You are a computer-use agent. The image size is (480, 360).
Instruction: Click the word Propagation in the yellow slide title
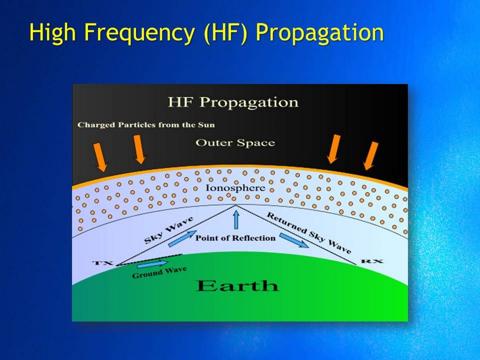319,33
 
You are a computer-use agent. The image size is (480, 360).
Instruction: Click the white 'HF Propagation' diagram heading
233,102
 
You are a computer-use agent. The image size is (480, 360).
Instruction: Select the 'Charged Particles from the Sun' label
146,125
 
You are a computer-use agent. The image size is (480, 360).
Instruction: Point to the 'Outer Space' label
235,143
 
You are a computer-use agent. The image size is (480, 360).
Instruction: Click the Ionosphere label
235,188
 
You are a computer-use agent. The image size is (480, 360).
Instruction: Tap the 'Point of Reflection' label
235,238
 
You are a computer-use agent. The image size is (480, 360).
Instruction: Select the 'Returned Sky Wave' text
309,233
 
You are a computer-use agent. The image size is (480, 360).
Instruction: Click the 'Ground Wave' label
159,273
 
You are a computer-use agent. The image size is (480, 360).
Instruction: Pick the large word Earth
237,285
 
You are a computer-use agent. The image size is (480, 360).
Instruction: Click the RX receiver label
372,261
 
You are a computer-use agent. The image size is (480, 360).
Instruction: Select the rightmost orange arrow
370,155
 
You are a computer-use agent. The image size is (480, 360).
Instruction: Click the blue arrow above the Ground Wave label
152,263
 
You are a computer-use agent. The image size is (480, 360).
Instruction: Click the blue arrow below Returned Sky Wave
293,240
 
